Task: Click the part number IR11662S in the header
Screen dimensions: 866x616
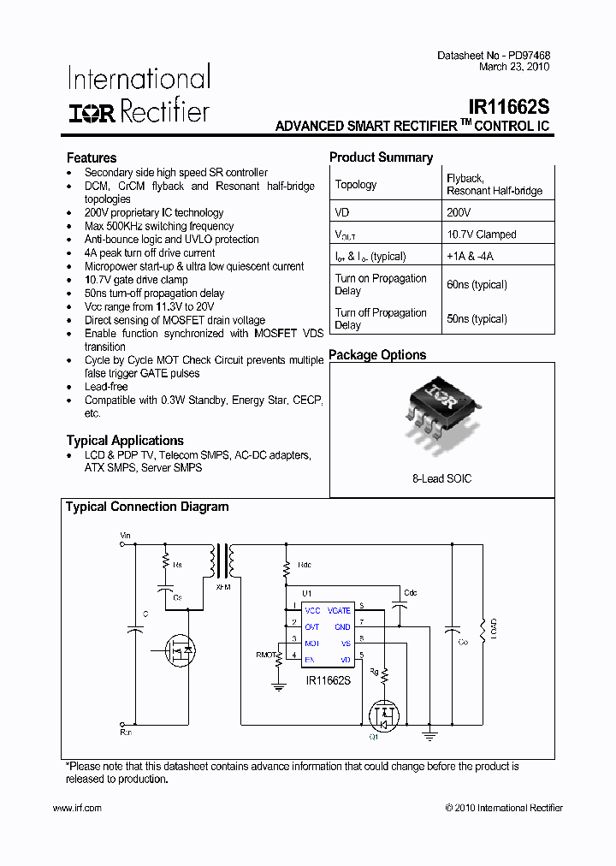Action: click(x=508, y=108)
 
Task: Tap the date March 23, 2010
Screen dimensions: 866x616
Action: click(x=514, y=67)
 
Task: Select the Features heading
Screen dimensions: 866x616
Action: click(x=92, y=157)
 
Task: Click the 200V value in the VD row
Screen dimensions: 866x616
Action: click(x=459, y=211)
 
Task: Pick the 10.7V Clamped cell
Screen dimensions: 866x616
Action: click(x=481, y=234)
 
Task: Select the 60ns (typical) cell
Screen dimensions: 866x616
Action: click(x=477, y=285)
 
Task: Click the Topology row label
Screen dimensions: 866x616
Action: click(x=356, y=185)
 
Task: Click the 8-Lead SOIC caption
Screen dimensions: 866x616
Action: click(x=441, y=478)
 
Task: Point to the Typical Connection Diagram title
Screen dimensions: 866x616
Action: click(x=147, y=507)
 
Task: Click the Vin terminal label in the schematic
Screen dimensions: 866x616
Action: click(x=126, y=536)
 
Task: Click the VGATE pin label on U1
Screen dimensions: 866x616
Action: click(x=340, y=610)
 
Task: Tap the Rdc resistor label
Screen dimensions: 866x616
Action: click(x=304, y=566)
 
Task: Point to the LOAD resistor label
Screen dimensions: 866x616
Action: click(x=494, y=629)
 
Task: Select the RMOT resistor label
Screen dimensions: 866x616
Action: click(x=267, y=655)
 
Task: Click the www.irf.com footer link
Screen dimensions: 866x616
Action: click(x=77, y=808)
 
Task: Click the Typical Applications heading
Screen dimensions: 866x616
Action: click(x=125, y=441)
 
